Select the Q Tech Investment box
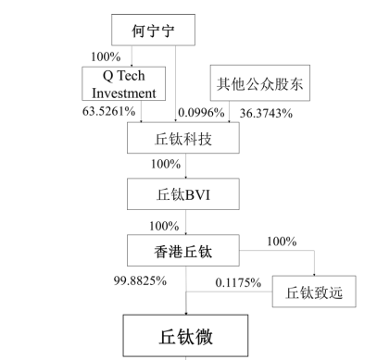[x=125, y=83]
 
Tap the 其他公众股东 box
[x=257, y=83]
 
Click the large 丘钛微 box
[x=186, y=334]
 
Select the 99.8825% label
[x=140, y=279]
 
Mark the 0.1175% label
[x=237, y=283]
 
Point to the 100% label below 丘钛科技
[x=164, y=165]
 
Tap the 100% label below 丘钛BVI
[x=164, y=225]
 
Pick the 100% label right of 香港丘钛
[x=281, y=242]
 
